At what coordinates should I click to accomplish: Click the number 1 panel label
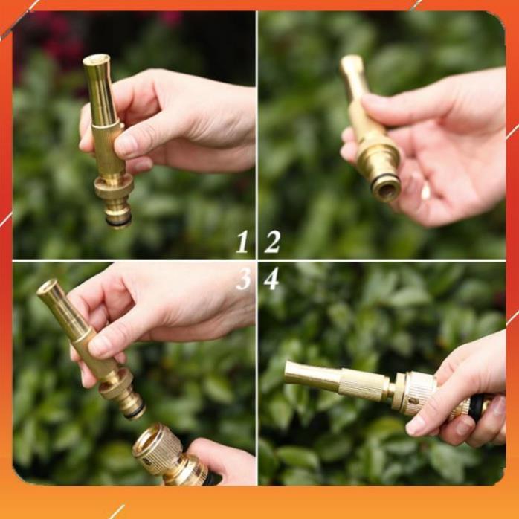(x=242, y=242)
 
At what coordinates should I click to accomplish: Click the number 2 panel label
(x=272, y=242)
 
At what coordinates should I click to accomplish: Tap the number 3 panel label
(x=242, y=279)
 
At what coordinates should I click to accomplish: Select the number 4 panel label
(x=271, y=279)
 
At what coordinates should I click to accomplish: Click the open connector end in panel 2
(x=386, y=188)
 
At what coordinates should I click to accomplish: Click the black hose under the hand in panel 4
(x=476, y=407)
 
